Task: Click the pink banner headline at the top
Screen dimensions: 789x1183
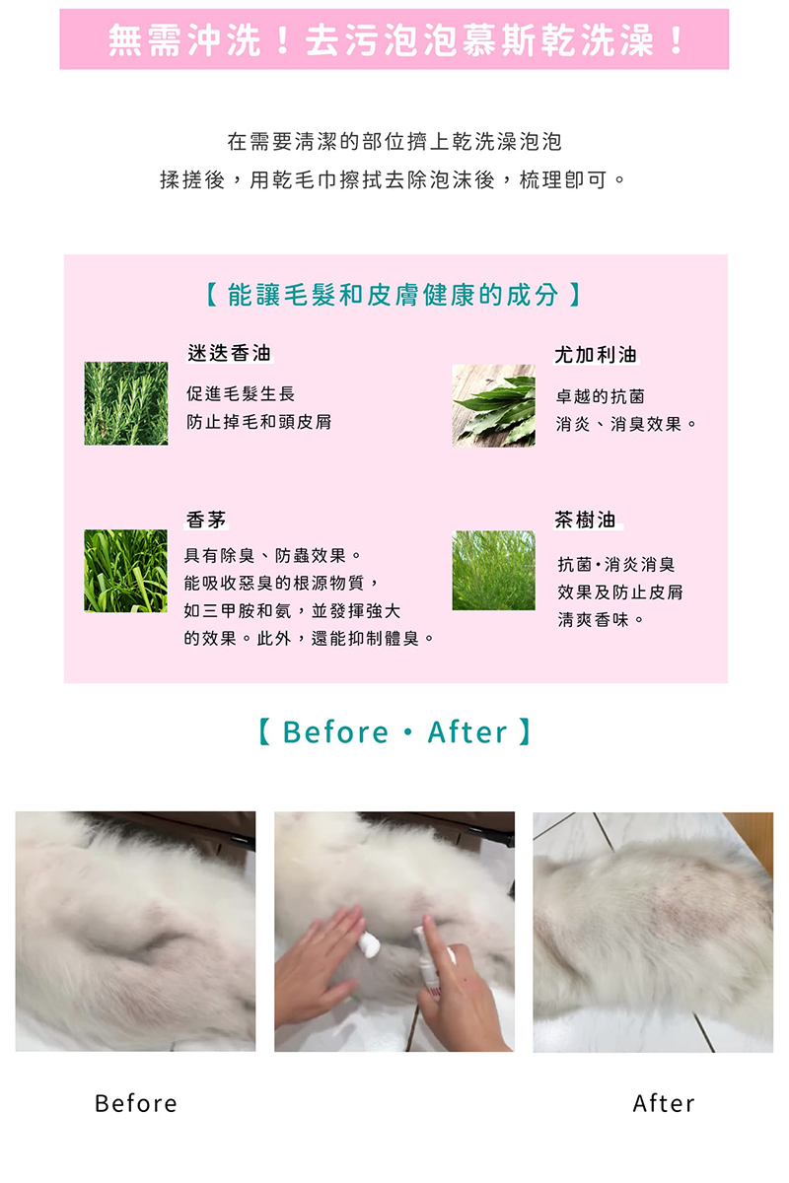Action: (394, 40)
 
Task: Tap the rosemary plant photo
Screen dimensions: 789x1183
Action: (126, 403)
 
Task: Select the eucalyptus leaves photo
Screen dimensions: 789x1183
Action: (493, 405)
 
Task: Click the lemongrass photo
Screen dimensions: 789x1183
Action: (126, 571)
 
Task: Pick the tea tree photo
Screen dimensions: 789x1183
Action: (493, 571)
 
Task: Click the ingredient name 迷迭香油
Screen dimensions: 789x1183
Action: (230, 353)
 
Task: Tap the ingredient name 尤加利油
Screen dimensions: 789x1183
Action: (596, 355)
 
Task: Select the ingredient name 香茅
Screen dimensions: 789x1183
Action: (206, 520)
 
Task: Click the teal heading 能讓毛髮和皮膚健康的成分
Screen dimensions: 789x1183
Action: (394, 295)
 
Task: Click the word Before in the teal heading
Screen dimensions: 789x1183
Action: (335, 731)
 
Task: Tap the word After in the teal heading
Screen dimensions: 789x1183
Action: (467, 731)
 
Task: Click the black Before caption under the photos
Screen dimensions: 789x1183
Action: (136, 1104)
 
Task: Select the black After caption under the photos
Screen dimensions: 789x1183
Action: (664, 1104)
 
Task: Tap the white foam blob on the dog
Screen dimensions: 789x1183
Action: (370, 944)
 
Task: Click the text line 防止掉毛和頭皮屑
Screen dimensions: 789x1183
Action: (259, 422)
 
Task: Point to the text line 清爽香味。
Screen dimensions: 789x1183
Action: (601, 619)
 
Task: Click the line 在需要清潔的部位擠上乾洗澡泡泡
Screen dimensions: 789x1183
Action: (394, 142)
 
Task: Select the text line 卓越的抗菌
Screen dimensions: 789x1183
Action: (601, 396)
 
